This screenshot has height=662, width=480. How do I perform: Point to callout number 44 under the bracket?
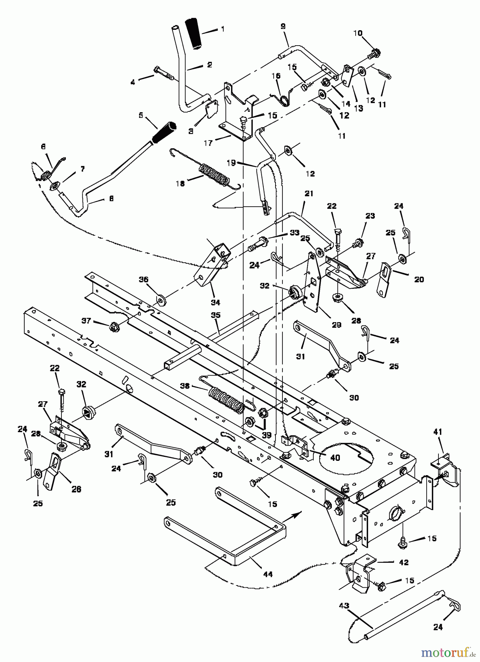tap(268, 574)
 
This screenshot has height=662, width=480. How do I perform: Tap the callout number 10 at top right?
tap(358, 33)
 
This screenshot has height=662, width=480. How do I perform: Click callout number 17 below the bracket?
tap(208, 143)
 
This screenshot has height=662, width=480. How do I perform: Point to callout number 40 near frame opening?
tap(335, 458)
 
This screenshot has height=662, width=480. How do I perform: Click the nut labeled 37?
tap(113, 325)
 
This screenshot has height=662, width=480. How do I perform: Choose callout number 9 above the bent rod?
tap(282, 26)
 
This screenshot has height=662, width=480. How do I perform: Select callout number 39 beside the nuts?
tap(266, 435)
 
